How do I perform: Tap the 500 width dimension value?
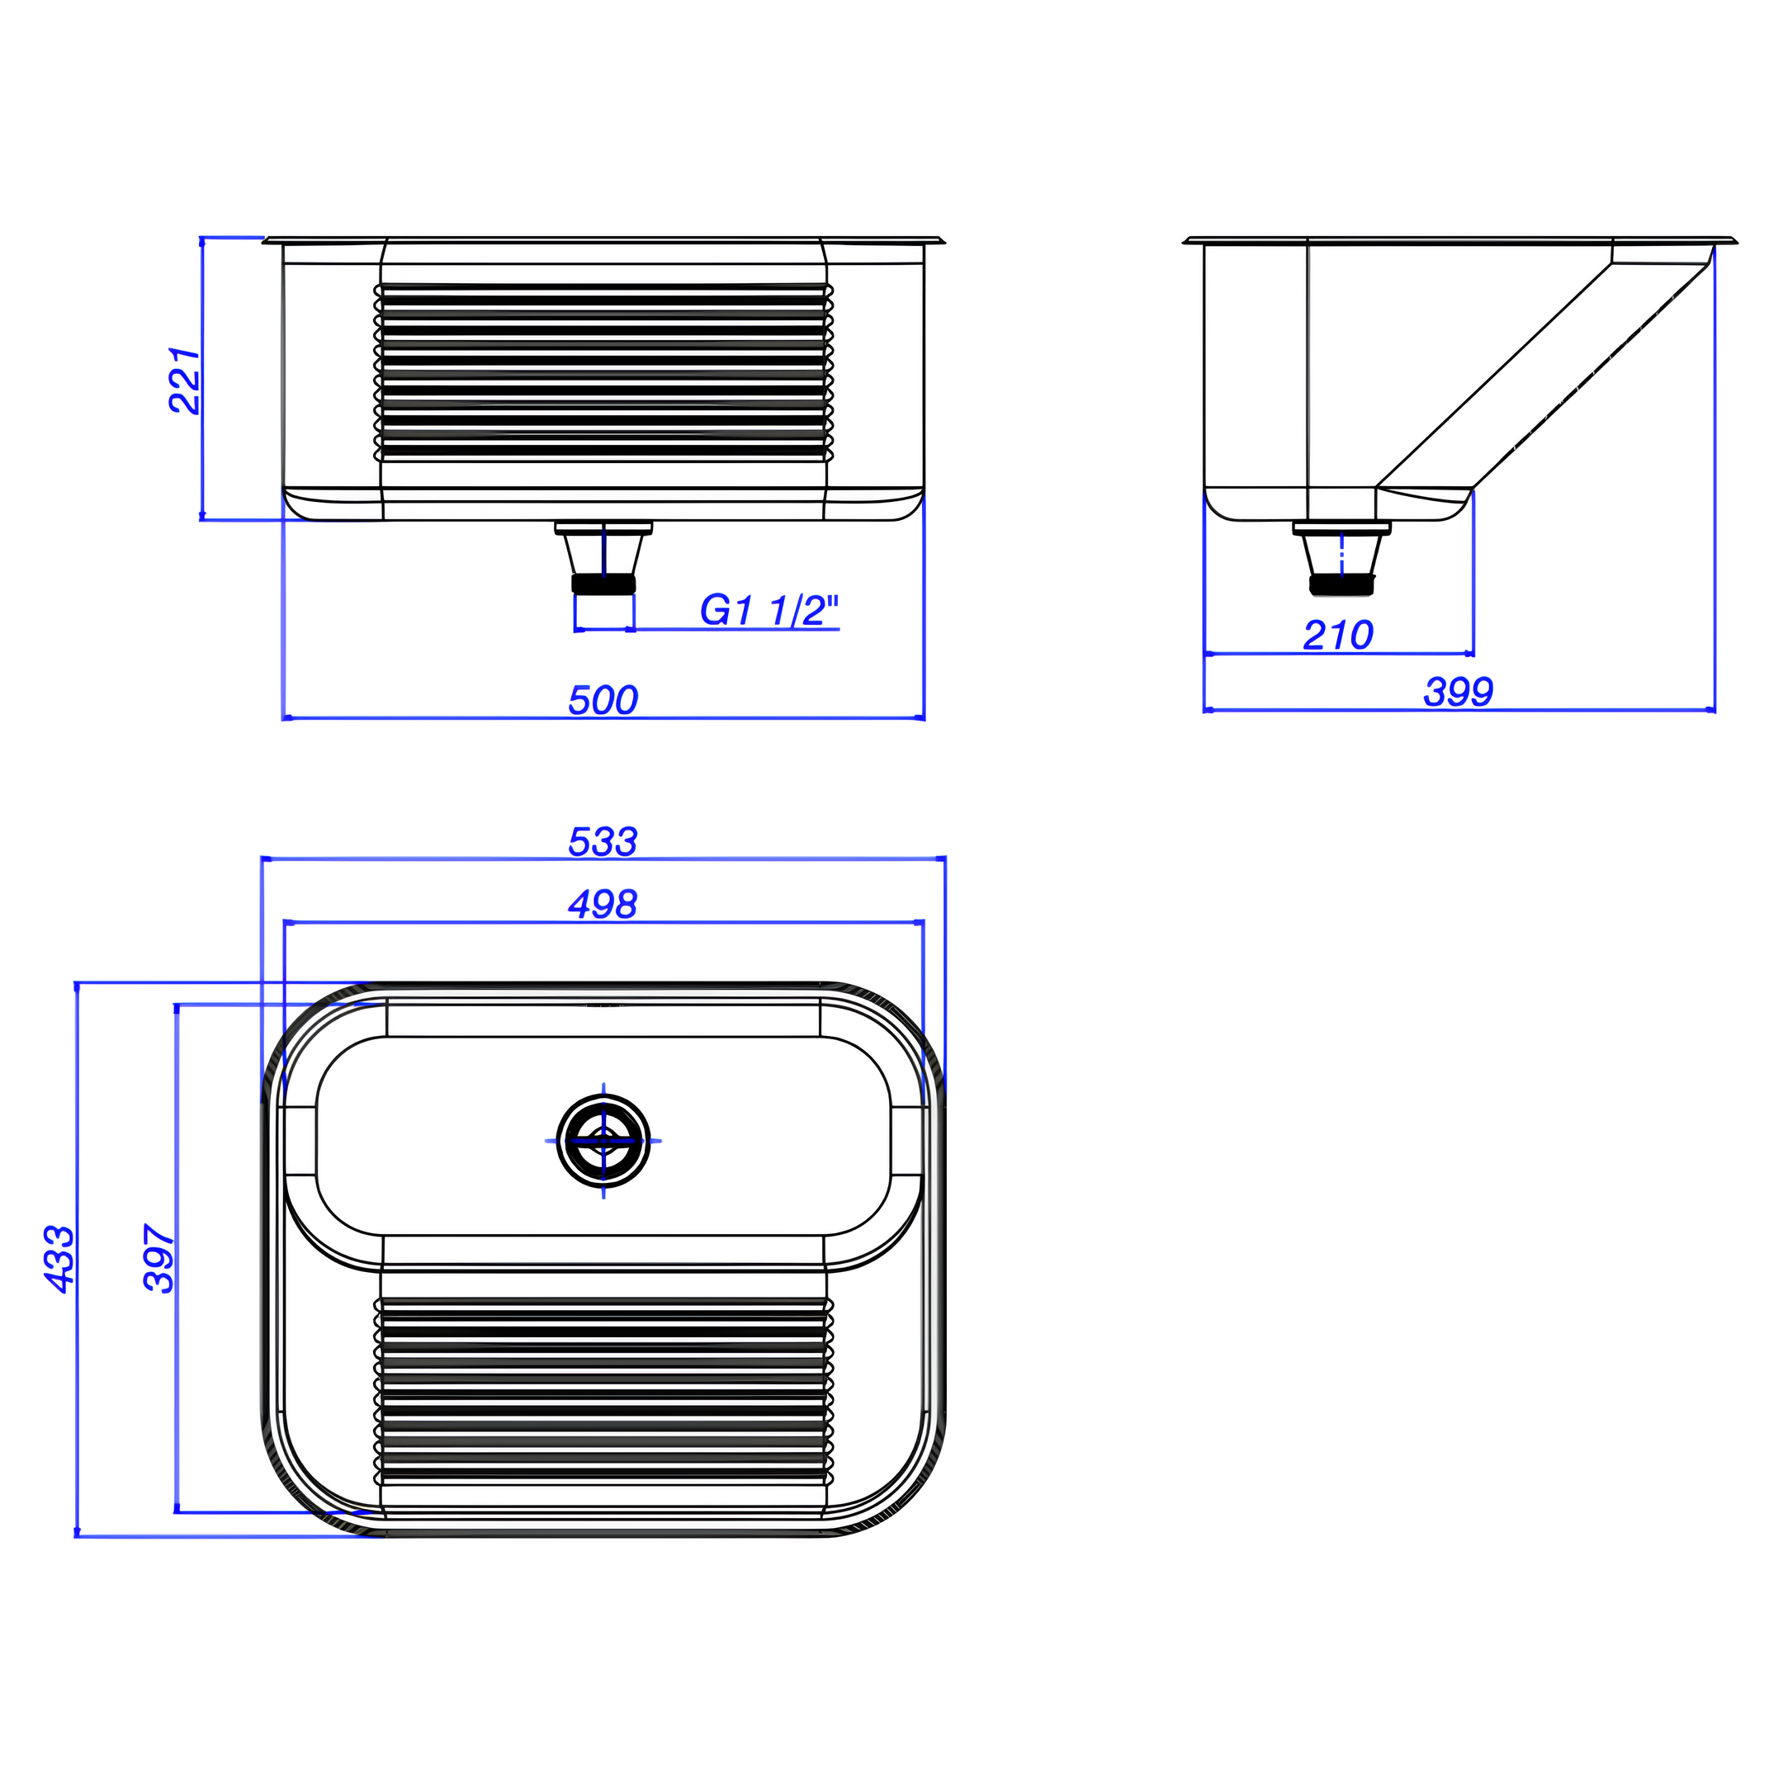(x=603, y=701)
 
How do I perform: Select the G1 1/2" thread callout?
(x=769, y=610)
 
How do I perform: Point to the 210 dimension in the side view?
(x=1338, y=635)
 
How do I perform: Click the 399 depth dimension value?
(x=1458, y=693)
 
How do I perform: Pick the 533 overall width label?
(x=603, y=842)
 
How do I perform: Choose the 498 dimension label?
(x=603, y=905)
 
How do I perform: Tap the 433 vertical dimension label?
(x=60, y=1259)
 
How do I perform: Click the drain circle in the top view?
(x=603, y=1141)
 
